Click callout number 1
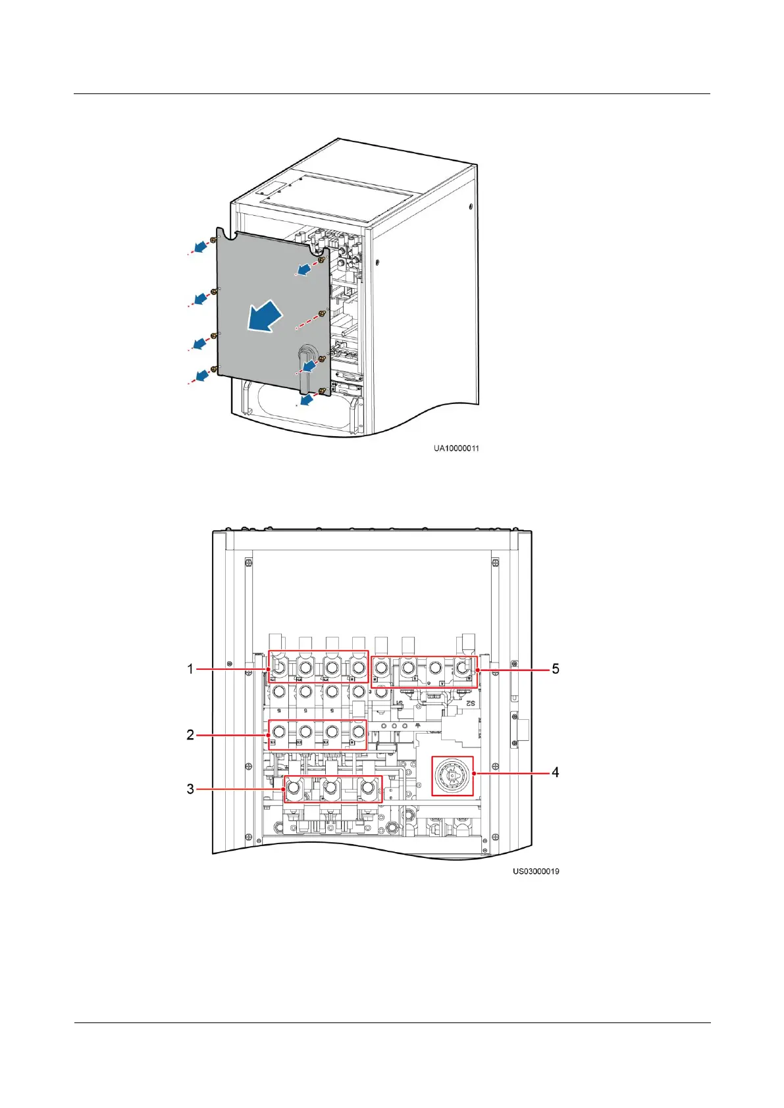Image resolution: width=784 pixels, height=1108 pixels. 190,668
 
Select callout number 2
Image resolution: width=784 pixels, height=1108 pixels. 190,734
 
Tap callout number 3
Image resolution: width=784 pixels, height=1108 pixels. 190,788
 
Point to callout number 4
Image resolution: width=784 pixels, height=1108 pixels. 555,772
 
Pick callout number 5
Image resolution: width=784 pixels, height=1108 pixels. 556,668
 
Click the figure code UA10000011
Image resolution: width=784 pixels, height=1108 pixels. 456,448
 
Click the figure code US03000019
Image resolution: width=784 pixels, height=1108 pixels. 536,871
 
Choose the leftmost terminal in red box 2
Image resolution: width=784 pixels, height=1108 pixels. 278,732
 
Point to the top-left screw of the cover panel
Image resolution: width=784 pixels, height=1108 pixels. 213,241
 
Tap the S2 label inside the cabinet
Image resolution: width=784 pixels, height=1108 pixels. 470,703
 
